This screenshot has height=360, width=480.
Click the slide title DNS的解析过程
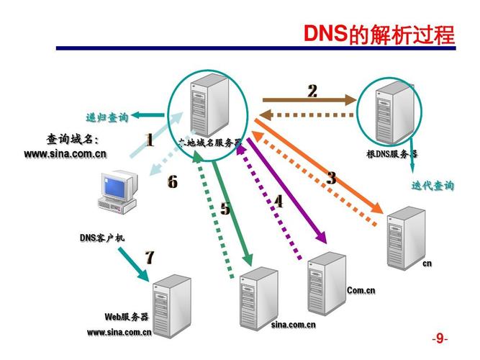coord(379,34)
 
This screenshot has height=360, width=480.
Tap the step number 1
coord(150,140)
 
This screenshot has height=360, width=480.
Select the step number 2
coord(312,91)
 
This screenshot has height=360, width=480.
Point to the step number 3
coord(331,179)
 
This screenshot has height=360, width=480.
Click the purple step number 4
coord(278,202)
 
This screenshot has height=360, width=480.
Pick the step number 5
coord(225,209)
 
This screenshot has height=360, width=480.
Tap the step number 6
coord(172,182)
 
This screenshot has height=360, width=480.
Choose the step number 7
coord(150,257)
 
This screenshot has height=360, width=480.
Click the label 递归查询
coord(107,117)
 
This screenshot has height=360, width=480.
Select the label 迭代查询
coord(433,186)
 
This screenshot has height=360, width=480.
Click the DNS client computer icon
coord(117,191)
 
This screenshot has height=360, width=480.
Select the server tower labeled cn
coord(404,238)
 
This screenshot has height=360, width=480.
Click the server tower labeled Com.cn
coord(327,284)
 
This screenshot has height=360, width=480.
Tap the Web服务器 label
coord(126,317)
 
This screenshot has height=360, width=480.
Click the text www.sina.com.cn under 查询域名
coord(65,153)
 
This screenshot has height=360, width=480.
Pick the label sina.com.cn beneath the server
coord(293,325)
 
